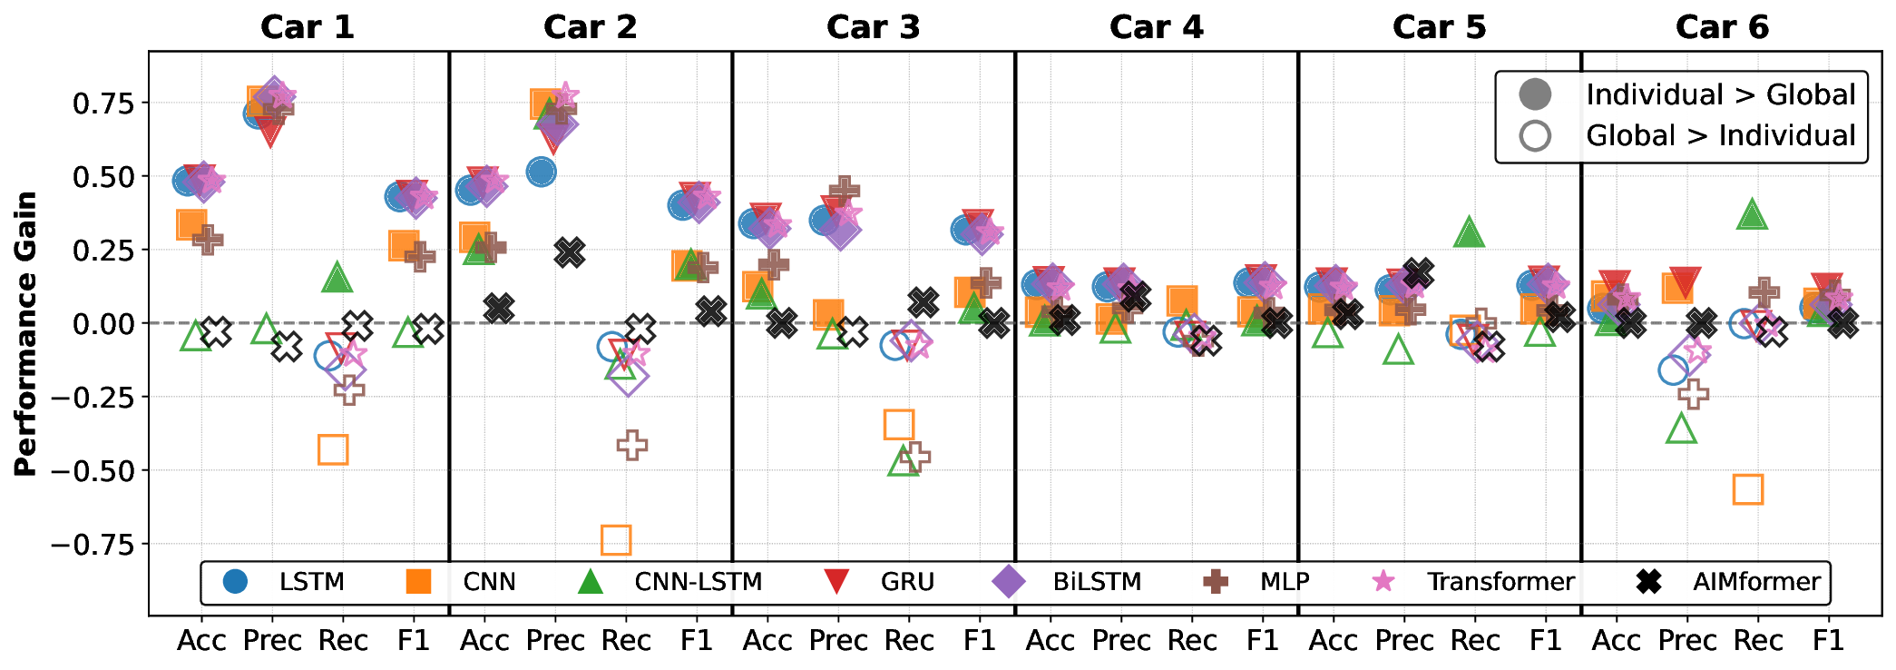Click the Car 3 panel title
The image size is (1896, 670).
coord(873,27)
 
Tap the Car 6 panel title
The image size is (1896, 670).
coord(1722,27)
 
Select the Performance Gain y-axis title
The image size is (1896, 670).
coord(26,333)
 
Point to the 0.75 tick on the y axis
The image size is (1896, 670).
coord(103,103)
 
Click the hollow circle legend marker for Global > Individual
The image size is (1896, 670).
coord(1536,136)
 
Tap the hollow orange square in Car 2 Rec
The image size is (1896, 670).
coord(616,540)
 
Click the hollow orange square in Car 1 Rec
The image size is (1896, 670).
coord(333,449)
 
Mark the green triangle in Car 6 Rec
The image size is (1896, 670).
coord(1753,215)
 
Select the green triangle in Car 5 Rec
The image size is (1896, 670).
coord(1470,233)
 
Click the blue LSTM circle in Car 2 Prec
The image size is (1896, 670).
coord(541,172)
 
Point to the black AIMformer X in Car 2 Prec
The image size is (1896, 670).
coord(570,252)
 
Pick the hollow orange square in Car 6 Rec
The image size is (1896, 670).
coord(1748,489)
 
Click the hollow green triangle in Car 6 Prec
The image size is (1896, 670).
coord(1682,429)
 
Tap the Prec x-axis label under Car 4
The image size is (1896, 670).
coord(1121,641)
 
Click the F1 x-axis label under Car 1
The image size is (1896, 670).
coord(414,641)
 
